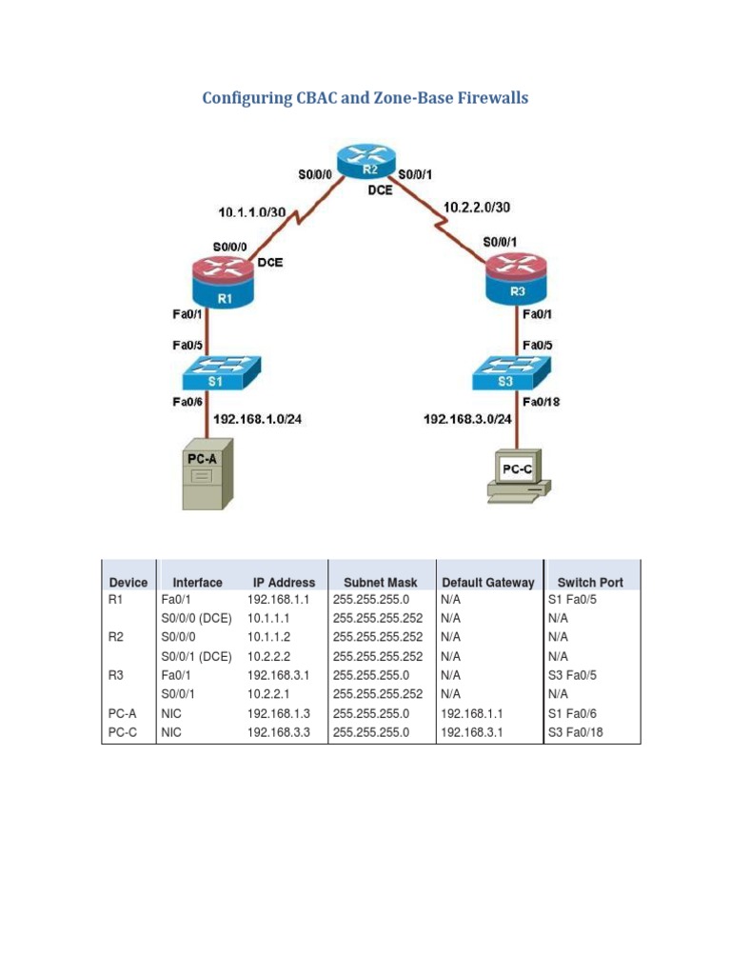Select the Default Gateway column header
pos(487,582)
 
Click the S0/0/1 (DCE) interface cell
pos(196,656)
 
